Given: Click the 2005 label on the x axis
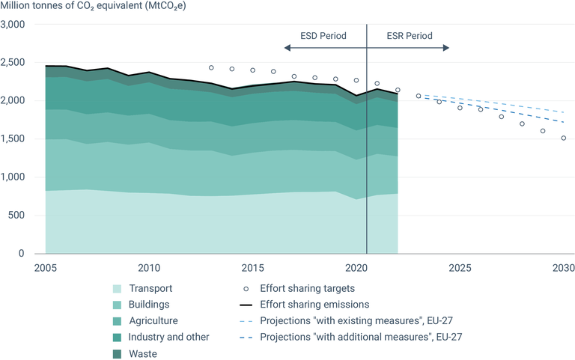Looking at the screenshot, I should [x=46, y=268].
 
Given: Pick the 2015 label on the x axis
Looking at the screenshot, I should [x=253, y=268].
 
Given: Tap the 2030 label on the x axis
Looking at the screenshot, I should [x=563, y=268].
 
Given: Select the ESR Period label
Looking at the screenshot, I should [x=410, y=35].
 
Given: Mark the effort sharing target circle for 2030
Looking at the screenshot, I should [x=563, y=138].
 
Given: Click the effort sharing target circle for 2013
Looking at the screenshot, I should [x=211, y=67].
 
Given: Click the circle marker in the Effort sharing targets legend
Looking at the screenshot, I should [x=246, y=289].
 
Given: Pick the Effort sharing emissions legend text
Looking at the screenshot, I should [x=315, y=305].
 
